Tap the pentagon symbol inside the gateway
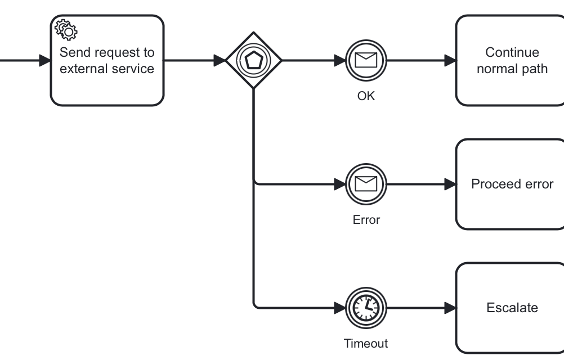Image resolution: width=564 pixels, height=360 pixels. pyautogui.click(x=253, y=60)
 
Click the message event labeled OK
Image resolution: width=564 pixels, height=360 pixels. pyautogui.click(x=366, y=60)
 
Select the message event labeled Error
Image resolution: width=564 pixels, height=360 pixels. pyautogui.click(x=366, y=184)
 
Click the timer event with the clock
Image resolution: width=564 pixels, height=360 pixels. pyautogui.click(x=366, y=308)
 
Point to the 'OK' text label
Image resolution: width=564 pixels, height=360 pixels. pyautogui.click(x=366, y=96)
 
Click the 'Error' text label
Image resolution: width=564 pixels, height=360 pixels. pyautogui.click(x=366, y=219)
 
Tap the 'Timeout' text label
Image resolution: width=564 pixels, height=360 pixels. pyautogui.click(x=366, y=343)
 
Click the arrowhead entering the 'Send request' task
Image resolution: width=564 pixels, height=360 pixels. pyautogui.click(x=44, y=60)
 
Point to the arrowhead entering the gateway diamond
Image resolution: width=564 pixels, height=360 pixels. pyautogui.click(x=220, y=60)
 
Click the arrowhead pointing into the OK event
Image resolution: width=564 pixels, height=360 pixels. pyautogui.click(x=339, y=60)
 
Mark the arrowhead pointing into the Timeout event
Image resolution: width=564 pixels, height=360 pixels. pyautogui.click(x=339, y=308)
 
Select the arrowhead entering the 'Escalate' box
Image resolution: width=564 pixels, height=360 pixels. pyautogui.click(x=450, y=308)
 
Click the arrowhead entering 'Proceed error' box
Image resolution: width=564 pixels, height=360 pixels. pyautogui.click(x=450, y=184)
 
